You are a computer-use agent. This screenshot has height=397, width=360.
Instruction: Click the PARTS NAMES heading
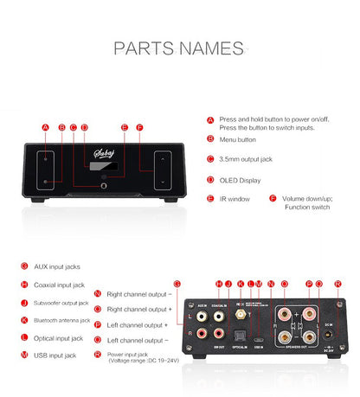click(179, 48)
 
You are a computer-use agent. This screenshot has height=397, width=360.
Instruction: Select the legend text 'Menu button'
click(238, 138)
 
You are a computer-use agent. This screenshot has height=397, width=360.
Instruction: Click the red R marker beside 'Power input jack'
click(97, 355)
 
